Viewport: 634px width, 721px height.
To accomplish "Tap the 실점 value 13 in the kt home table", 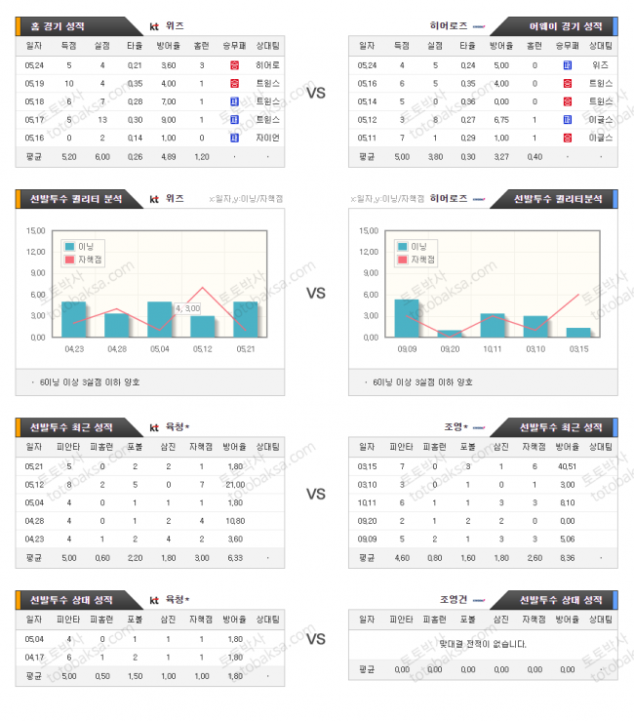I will pos(102,119).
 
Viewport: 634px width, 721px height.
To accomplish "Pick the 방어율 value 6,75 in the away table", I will pos(501,119).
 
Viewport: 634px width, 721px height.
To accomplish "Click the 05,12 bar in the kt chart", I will pos(203,326).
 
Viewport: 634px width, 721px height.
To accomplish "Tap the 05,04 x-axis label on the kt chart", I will pos(159,348).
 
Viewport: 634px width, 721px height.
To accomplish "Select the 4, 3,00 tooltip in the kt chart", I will pos(187,308).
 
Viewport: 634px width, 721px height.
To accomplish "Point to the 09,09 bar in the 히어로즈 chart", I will pos(407,317).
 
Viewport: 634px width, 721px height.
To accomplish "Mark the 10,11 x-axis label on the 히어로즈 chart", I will pos(493,348).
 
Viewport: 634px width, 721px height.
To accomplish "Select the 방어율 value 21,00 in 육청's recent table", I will pos(234,484).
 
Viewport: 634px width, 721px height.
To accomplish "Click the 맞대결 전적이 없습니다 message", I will pos(484,643).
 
